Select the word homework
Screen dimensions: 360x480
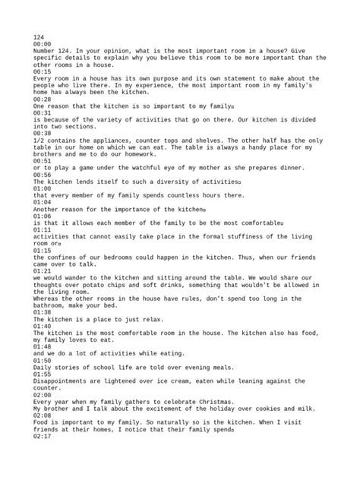tap(140, 156)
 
